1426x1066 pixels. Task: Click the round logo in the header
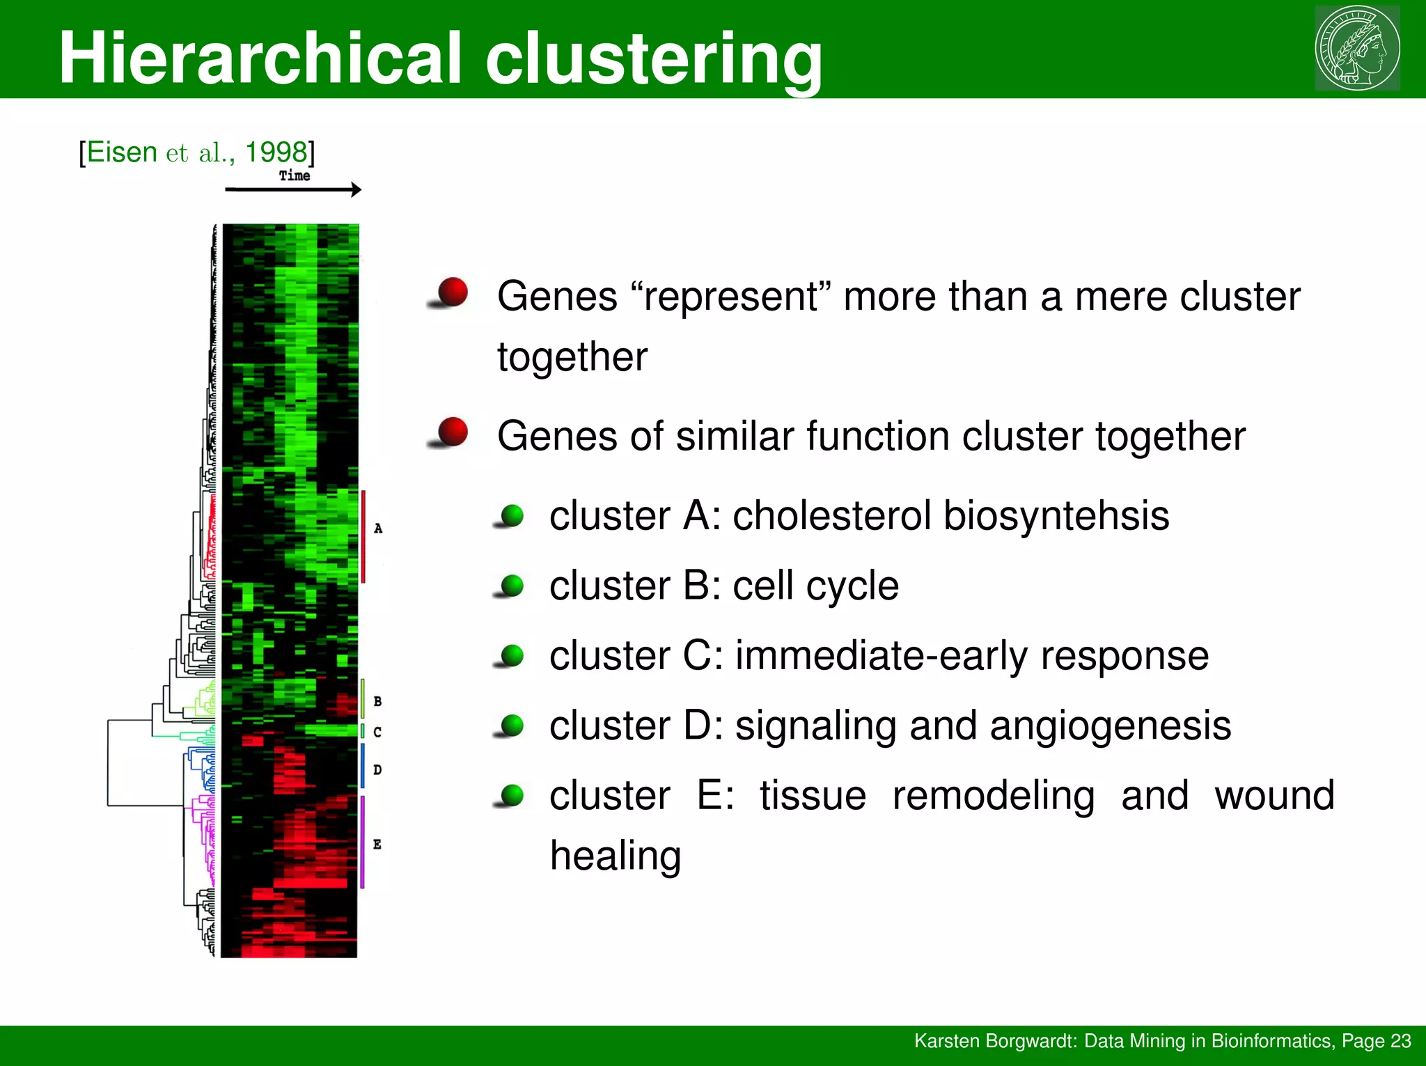pyautogui.click(x=1357, y=48)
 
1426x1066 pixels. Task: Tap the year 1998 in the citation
pyautogui.click(x=276, y=152)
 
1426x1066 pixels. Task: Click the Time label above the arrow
pyautogui.click(x=295, y=175)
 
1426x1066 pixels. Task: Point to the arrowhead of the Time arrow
pyautogui.click(x=356, y=189)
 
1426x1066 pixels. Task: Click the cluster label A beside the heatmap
pyautogui.click(x=378, y=528)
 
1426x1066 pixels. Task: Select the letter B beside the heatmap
pyautogui.click(x=377, y=701)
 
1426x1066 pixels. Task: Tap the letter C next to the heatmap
pyautogui.click(x=377, y=732)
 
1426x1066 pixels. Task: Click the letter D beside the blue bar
pyautogui.click(x=377, y=769)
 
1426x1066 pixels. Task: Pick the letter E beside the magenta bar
pyautogui.click(x=377, y=845)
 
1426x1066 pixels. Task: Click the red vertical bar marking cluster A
pyautogui.click(x=363, y=536)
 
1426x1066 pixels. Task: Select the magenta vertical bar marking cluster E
pyautogui.click(x=363, y=842)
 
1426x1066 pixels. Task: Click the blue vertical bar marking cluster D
pyautogui.click(x=363, y=765)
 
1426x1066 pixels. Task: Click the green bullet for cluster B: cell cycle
pyautogui.click(x=512, y=586)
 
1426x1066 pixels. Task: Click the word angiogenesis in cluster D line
pyautogui.click(x=1110, y=726)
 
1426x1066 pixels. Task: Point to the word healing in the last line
pyautogui.click(x=616, y=856)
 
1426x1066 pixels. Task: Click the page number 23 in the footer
pyautogui.click(x=1400, y=1041)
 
